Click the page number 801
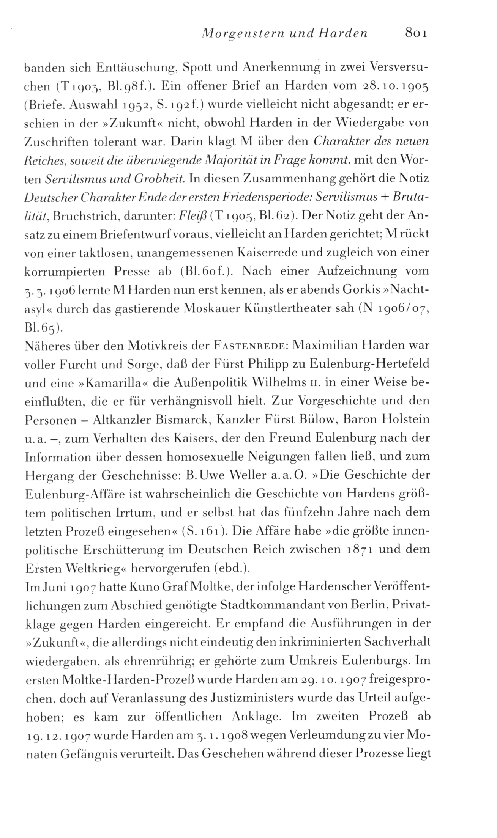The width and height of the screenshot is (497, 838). point(416,33)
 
